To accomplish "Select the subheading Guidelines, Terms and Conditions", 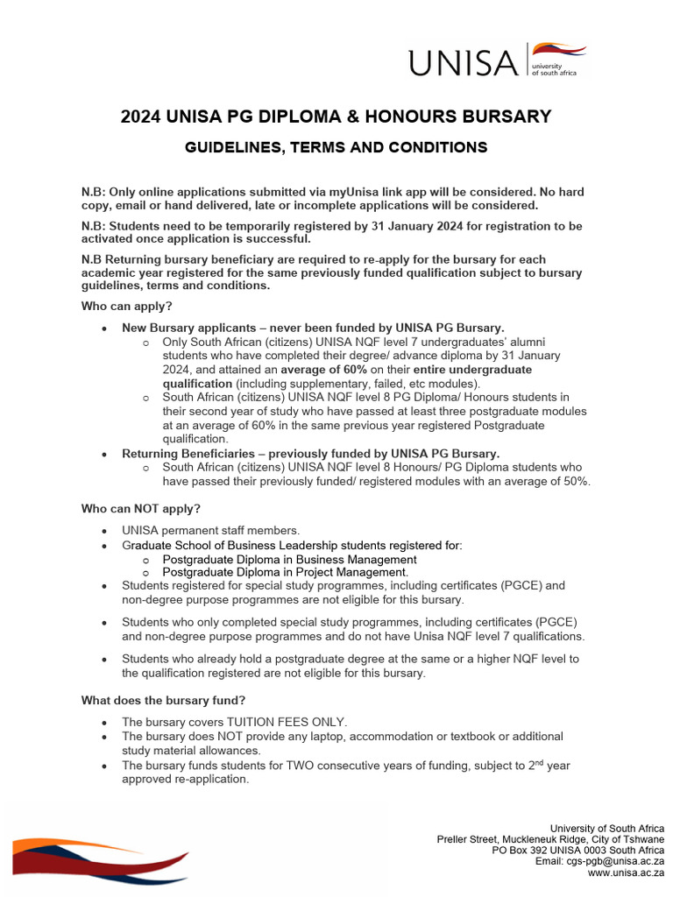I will [x=336, y=148].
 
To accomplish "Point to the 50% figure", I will [x=575, y=481].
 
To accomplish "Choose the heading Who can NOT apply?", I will [x=141, y=509].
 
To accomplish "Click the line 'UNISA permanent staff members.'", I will [x=211, y=530].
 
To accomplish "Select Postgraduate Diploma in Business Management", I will [x=289, y=559].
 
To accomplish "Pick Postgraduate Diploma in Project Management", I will [x=286, y=572].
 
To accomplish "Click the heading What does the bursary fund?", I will [x=164, y=700].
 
